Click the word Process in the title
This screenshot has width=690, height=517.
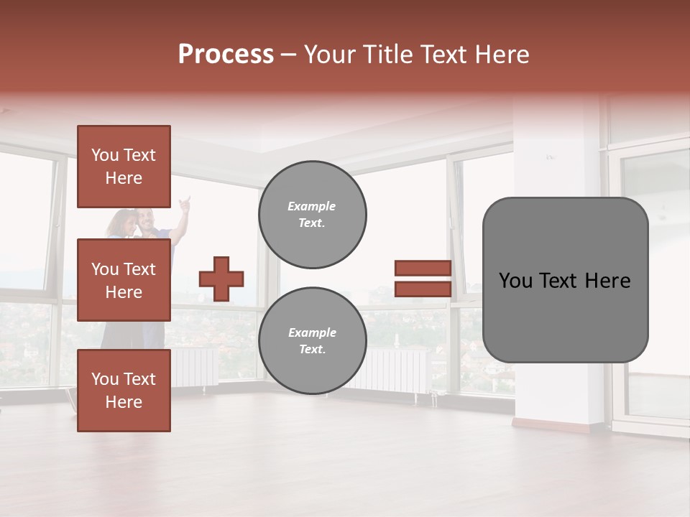[x=226, y=55]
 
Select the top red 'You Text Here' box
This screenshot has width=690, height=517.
[x=124, y=167]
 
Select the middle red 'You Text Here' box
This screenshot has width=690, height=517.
[x=124, y=280]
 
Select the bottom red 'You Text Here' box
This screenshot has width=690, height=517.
[x=124, y=391]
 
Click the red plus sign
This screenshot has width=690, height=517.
[x=221, y=279]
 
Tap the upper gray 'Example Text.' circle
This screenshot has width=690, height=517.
[x=312, y=215]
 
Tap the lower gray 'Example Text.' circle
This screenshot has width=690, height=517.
[x=312, y=341]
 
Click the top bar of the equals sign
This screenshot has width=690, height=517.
[x=423, y=268]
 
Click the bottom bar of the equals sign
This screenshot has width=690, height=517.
[x=423, y=289]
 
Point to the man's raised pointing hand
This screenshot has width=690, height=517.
[x=185, y=202]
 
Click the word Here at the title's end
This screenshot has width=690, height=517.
[x=502, y=55]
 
